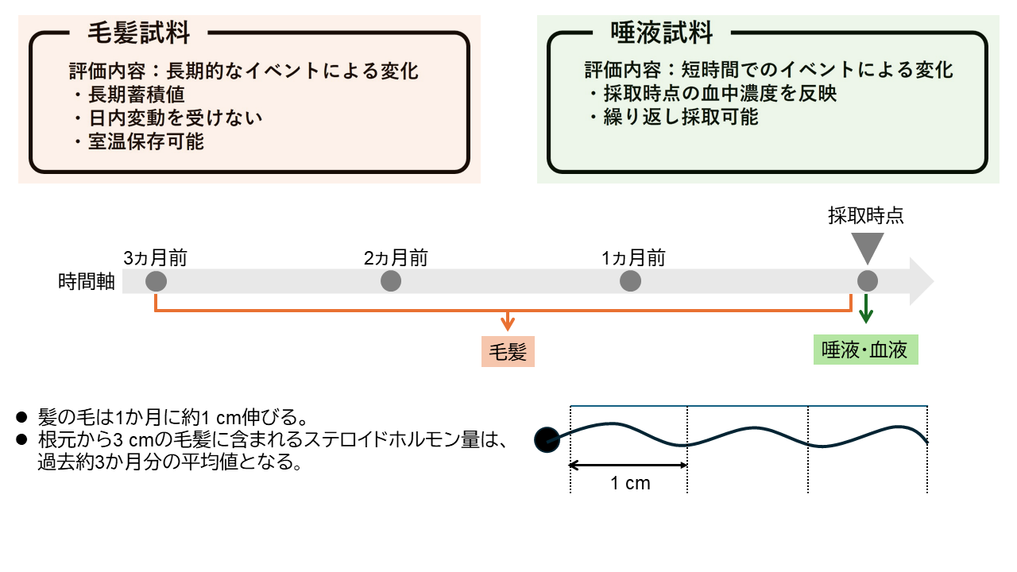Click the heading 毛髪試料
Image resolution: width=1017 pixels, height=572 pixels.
click(138, 33)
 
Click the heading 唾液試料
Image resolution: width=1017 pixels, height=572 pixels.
click(662, 33)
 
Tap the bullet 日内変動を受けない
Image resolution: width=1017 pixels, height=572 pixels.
click(174, 118)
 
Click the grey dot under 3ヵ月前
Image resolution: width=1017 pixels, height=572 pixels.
click(156, 281)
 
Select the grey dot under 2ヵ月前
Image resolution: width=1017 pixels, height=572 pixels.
click(391, 281)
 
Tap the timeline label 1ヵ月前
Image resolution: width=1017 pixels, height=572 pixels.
click(633, 258)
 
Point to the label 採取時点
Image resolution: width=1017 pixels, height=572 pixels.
click(866, 216)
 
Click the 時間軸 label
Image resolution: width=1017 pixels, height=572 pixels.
click(87, 282)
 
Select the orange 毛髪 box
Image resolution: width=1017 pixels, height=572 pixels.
click(508, 351)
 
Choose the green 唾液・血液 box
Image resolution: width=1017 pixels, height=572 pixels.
click(865, 350)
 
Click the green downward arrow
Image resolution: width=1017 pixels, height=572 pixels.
click(866, 308)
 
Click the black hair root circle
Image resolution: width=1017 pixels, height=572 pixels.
click(547, 439)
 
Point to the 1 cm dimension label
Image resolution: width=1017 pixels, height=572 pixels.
click(630, 483)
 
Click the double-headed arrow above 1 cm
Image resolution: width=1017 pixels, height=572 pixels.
click(628, 465)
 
